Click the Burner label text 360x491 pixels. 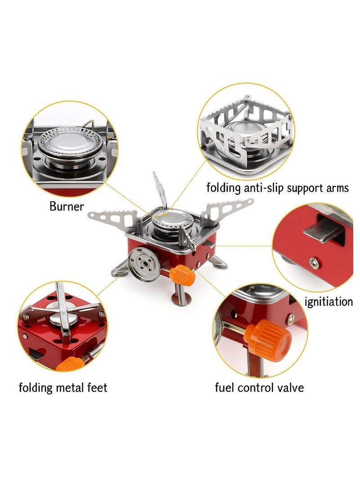pos(67,207)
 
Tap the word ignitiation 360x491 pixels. pos(328,301)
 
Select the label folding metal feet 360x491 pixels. pos(63,387)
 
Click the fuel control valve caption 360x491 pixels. pos(259,387)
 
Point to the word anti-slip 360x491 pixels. pos(265,188)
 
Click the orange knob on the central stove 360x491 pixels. pos(184,274)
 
